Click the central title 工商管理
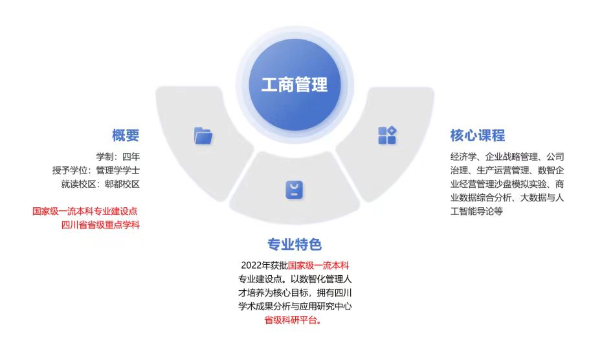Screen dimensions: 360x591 (295, 85)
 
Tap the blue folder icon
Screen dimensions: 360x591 (203, 135)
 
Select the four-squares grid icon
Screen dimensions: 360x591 (387, 135)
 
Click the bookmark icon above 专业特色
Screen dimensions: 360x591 (295, 190)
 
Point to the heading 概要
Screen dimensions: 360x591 (126, 135)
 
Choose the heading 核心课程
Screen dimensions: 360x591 (478, 135)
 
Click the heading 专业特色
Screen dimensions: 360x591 (295, 244)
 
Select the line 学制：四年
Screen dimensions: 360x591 (118, 156)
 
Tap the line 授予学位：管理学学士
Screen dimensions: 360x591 (96, 170)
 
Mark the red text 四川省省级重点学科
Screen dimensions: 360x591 (100, 225)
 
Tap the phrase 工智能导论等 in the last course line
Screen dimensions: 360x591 (476, 211)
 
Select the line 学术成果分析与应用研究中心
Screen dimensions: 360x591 (295, 306)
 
